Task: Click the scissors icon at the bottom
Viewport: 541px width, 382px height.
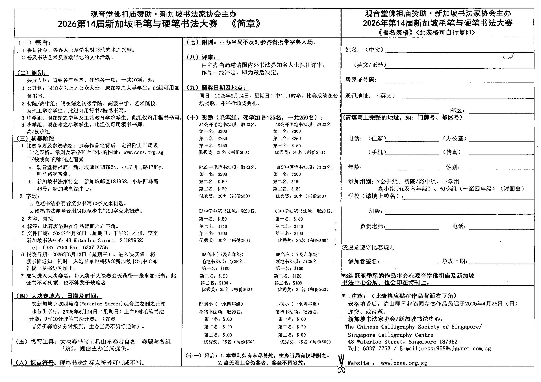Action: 341,364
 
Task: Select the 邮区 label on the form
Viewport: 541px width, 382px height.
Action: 457,111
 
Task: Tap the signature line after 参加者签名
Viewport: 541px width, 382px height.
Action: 412,263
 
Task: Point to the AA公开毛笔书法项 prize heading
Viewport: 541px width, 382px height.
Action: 227,125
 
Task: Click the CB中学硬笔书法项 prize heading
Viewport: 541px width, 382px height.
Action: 303,211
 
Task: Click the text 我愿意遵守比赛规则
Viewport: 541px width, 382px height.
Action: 369,247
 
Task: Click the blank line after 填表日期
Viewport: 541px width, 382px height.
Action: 501,263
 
